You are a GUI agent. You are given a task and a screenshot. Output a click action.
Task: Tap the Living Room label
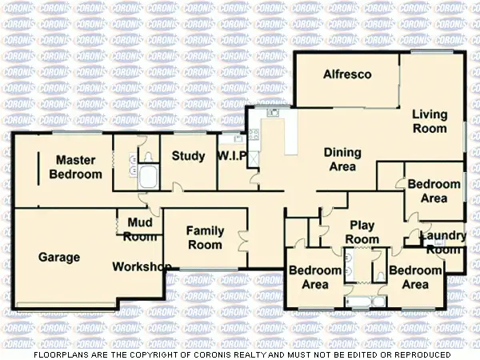click(430, 121)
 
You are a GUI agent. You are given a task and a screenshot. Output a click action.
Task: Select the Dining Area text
click(342, 159)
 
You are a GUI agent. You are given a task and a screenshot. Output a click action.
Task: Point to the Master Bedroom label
click(76, 167)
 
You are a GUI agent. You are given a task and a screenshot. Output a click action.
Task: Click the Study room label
click(189, 155)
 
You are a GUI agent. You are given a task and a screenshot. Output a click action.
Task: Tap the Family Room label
click(205, 238)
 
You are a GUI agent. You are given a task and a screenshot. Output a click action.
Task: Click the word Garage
click(59, 258)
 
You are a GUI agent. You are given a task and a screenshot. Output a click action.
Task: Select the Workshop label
click(142, 266)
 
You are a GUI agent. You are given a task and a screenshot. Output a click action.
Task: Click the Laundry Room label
click(442, 242)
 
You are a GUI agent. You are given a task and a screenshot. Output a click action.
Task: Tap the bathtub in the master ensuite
click(150, 177)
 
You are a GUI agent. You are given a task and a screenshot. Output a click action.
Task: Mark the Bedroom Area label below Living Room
click(434, 190)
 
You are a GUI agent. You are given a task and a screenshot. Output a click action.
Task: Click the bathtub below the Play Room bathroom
click(365, 302)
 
